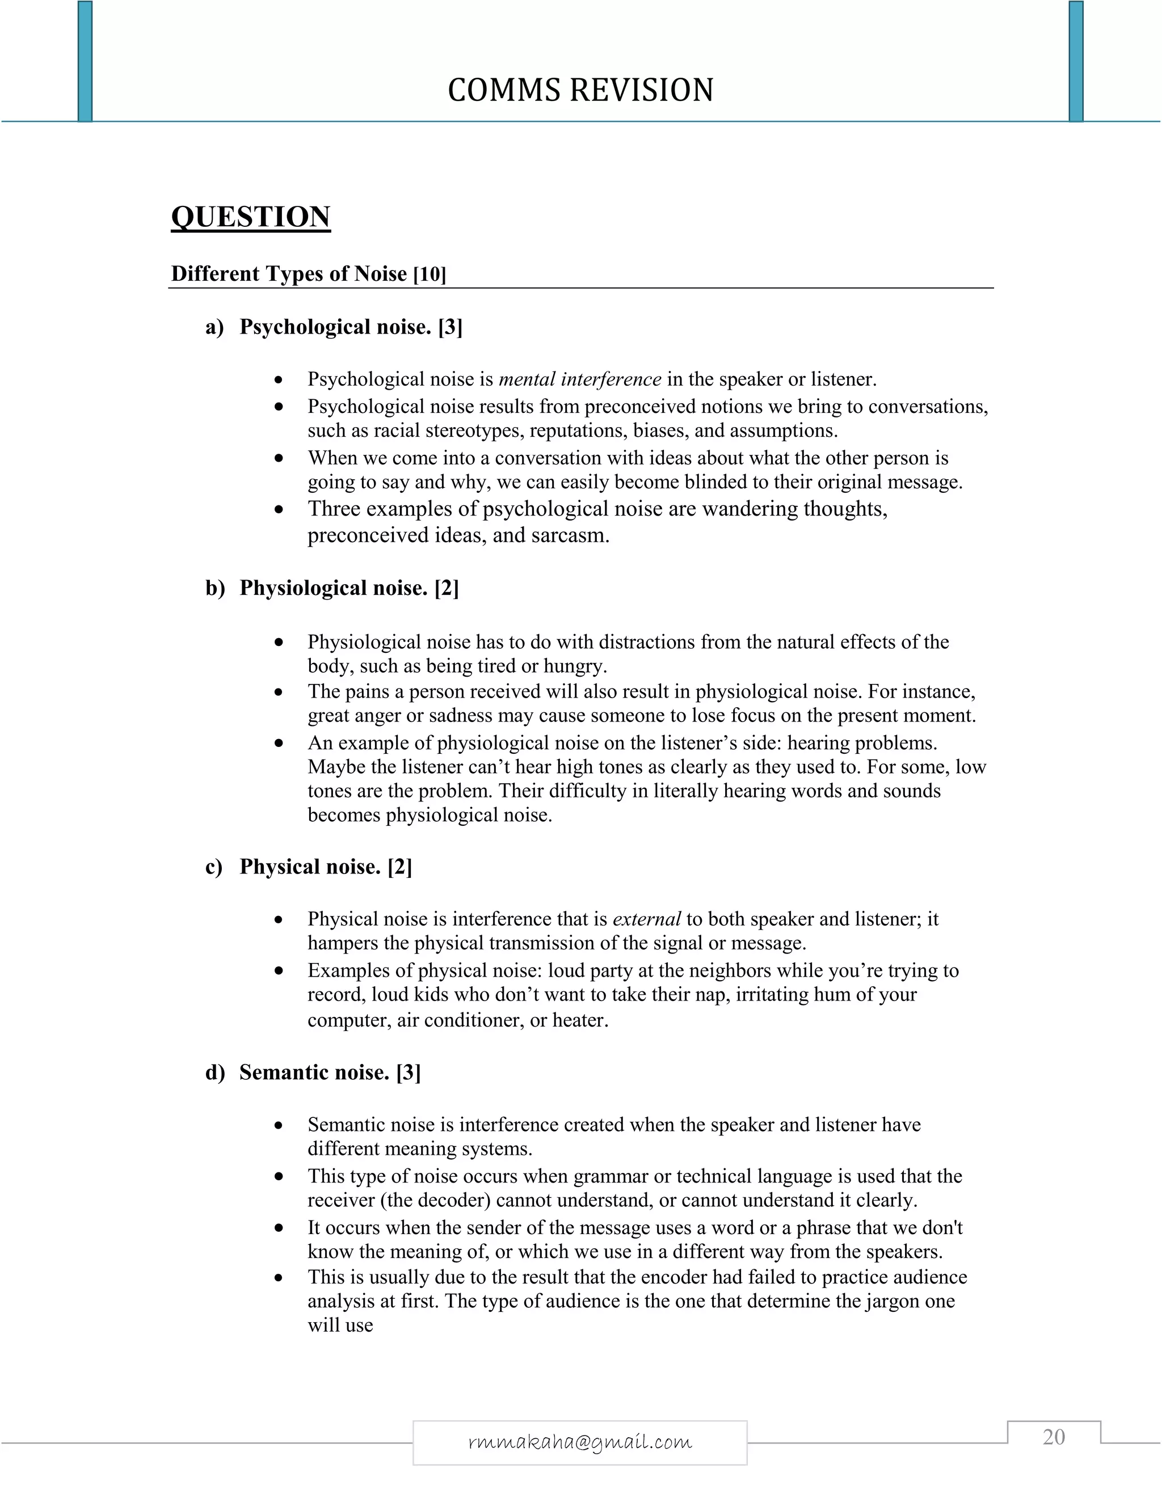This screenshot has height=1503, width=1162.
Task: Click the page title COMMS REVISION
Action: pyautogui.click(x=580, y=90)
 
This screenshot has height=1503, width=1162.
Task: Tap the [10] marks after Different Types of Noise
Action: pyautogui.click(x=430, y=275)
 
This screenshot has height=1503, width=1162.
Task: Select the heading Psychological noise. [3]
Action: pyautogui.click(x=351, y=327)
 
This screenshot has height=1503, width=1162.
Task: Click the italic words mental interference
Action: pyautogui.click(x=580, y=379)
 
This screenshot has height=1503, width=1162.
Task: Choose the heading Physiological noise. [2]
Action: pyautogui.click(x=348, y=588)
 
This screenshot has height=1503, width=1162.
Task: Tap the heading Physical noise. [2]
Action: pyautogui.click(x=326, y=867)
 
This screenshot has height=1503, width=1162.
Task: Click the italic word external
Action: pyautogui.click(x=646, y=919)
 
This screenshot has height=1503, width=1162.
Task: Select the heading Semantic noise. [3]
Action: pyautogui.click(x=330, y=1072)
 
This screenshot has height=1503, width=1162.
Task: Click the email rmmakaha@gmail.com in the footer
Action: pyautogui.click(x=580, y=1442)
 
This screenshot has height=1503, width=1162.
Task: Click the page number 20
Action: pyautogui.click(x=1053, y=1437)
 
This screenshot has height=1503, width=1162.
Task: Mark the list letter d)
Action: pyautogui.click(x=215, y=1072)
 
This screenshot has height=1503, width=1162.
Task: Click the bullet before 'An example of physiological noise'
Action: pyautogui.click(x=278, y=743)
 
